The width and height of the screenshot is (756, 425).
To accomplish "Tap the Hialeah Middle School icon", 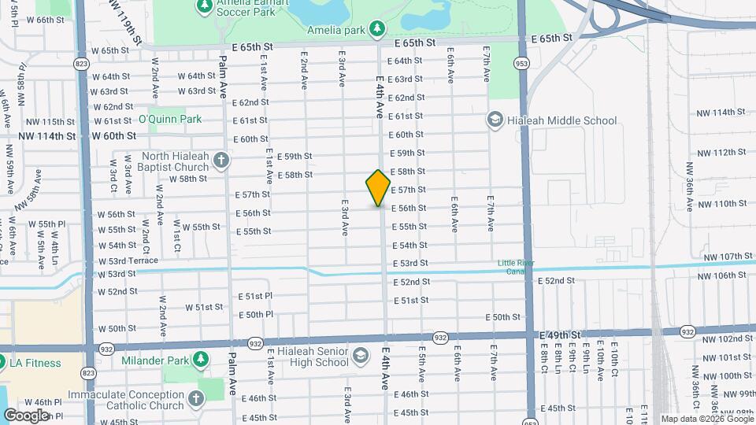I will point(495,120).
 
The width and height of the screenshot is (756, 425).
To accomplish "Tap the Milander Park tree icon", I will point(200,360).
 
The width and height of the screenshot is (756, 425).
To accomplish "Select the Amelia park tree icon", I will point(378,28).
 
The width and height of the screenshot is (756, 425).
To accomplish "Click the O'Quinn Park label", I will point(170,120).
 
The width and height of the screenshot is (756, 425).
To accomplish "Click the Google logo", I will point(25,416).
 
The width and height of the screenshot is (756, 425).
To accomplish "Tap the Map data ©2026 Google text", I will point(706,419).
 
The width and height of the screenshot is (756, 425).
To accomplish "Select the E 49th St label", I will point(561,335).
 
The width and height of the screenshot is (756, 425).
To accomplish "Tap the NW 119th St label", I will point(125,21).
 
